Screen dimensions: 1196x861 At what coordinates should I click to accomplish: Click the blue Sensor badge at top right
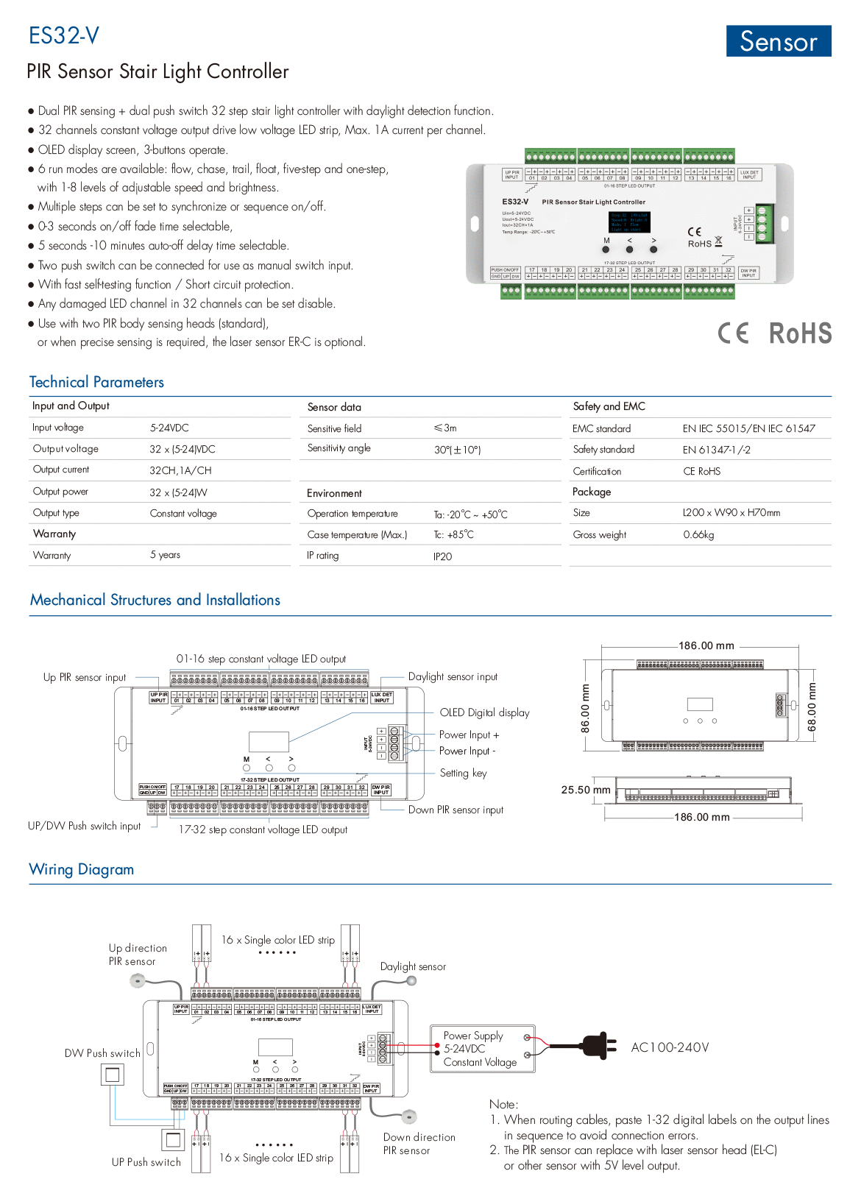778,41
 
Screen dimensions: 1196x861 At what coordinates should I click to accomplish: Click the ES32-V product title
64,35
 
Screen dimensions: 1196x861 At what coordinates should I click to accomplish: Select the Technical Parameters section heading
96,382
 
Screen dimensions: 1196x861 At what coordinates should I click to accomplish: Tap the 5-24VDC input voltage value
169,428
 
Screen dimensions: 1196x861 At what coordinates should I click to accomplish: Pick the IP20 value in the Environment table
442,556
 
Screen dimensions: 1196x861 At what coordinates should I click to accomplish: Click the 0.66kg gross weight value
698,534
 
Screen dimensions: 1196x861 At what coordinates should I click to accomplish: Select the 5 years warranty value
165,555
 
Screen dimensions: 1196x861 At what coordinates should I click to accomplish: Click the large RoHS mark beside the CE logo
800,333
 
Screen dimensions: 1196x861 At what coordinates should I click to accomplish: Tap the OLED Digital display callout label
484,712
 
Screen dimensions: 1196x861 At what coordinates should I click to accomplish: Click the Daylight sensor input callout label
453,676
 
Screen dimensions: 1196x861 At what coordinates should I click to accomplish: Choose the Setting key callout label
463,773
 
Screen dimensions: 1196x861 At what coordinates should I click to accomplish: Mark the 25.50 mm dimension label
586,790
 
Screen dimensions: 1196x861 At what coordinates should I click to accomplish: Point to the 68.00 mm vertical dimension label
812,707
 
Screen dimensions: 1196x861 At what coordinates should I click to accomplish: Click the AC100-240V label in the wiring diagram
670,1047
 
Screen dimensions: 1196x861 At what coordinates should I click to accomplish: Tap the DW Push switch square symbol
113,1075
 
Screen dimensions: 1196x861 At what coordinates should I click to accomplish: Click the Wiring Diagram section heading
82,869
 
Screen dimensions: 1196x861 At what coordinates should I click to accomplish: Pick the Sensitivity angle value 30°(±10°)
457,450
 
